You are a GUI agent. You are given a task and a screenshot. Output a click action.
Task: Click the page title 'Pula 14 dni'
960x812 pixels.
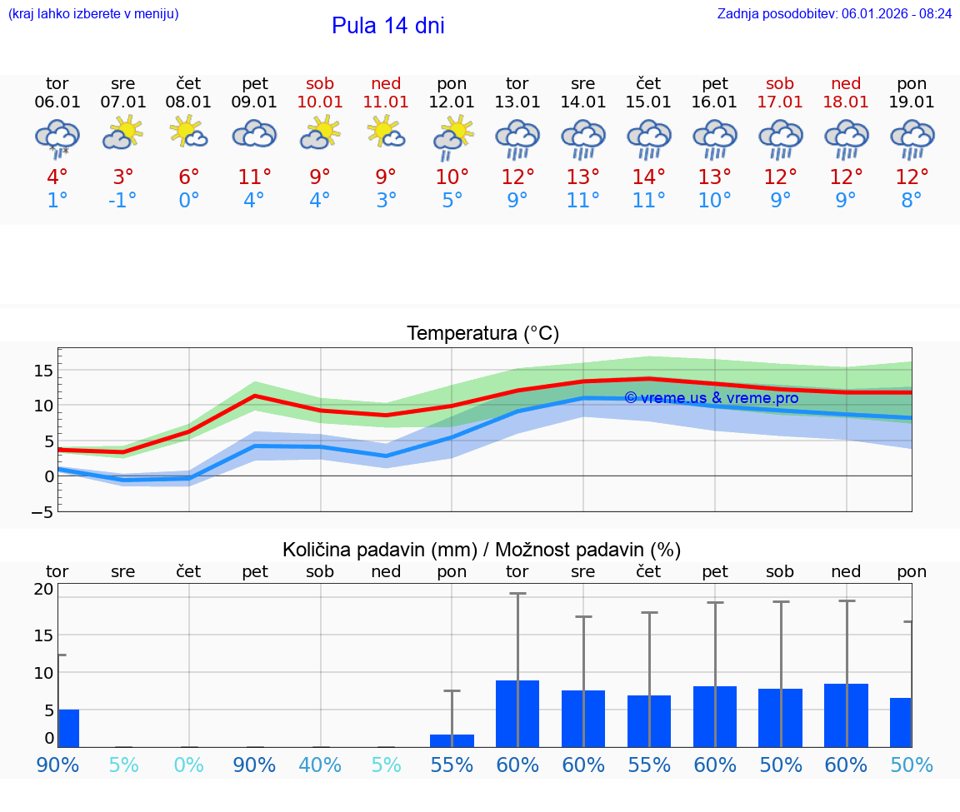coord(387,26)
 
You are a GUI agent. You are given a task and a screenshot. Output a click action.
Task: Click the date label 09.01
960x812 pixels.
coord(254,102)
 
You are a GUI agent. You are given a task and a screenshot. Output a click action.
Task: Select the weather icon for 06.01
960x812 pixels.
coord(57,137)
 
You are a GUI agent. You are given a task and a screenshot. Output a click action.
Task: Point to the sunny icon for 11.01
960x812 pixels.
coord(386,132)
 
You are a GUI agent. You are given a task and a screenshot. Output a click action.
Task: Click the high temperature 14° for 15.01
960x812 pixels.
coord(648,177)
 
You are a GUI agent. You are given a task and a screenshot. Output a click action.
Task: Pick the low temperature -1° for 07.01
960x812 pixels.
coord(122,201)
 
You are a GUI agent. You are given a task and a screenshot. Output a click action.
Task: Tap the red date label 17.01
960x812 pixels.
coord(780,102)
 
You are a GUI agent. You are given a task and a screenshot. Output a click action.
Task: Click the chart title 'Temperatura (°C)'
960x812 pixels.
coord(482,334)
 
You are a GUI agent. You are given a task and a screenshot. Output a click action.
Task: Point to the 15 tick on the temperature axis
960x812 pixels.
coord(44,370)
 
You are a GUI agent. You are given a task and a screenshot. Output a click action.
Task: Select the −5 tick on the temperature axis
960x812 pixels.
coord(42,512)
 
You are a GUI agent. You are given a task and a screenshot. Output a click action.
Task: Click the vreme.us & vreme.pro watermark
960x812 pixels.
coord(711,398)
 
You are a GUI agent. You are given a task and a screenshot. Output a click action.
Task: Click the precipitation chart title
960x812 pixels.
coord(482,550)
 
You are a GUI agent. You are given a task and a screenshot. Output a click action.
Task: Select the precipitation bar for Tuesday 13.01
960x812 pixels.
coord(517,714)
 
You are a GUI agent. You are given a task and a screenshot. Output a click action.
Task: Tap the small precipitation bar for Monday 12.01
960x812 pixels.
coord(452,740)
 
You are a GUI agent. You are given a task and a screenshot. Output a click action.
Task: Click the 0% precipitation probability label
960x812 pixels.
coord(189,765)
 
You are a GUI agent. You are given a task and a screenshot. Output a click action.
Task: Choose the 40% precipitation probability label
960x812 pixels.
coord(320,765)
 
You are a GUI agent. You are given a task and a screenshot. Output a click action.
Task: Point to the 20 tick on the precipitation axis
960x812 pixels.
coord(44,589)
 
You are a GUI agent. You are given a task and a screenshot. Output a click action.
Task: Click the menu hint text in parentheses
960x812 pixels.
coord(93,13)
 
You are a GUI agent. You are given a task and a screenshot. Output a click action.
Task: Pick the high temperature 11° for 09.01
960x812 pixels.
coord(254,177)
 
